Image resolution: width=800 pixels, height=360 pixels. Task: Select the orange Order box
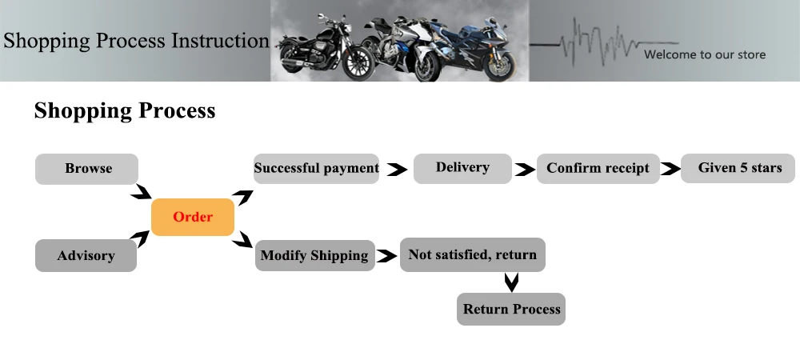coord(193,217)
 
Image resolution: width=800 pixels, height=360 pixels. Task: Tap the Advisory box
coord(86,256)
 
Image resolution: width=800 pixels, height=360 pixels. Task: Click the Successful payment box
coord(316,169)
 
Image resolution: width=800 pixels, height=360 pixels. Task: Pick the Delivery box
coord(462,168)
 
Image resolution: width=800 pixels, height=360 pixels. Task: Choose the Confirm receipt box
coord(598,169)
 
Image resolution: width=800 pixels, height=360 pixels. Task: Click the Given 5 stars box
coord(739,168)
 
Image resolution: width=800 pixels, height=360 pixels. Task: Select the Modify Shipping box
coord(314,256)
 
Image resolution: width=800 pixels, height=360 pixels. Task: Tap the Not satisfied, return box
coord(473,255)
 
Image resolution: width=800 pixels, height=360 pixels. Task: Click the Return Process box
coord(511,309)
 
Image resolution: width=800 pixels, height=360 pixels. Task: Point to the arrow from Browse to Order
coord(142,192)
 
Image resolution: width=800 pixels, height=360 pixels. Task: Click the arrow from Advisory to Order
coord(141,238)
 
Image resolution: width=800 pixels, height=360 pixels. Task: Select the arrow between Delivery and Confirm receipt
coord(524,170)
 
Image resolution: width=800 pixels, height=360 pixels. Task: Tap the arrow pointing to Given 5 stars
coord(670,170)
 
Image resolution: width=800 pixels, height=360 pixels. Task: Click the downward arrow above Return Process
coord(512,282)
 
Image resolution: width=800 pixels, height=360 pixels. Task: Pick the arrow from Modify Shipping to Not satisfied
coord(387,257)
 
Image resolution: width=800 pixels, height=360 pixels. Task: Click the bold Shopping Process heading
coord(125,110)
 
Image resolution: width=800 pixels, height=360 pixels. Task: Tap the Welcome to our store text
coord(705,54)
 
